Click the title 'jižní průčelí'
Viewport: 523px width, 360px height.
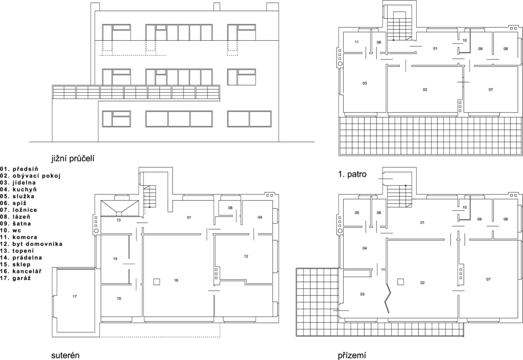(x=73, y=159)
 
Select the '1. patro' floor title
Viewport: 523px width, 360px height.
(x=352, y=174)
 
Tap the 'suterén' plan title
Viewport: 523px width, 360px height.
(x=65, y=355)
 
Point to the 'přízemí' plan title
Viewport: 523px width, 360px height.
(x=352, y=355)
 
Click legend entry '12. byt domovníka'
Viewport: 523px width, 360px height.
(x=32, y=244)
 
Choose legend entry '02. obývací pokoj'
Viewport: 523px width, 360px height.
(x=31, y=176)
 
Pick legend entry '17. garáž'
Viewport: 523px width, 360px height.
(x=16, y=278)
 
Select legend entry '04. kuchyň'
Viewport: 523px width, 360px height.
(x=19, y=189)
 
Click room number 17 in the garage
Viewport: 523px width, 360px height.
(x=75, y=296)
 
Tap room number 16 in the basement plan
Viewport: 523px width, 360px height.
(x=176, y=280)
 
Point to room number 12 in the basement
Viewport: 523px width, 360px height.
(x=246, y=256)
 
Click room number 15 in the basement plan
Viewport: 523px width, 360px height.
(x=118, y=299)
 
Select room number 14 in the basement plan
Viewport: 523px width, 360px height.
(x=115, y=259)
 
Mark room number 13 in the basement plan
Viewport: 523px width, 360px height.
(x=118, y=220)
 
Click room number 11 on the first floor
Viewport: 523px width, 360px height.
(x=356, y=42)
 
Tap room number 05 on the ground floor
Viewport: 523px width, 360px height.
(x=357, y=212)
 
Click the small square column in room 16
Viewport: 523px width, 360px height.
(x=156, y=282)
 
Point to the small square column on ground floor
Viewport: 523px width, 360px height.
(x=400, y=282)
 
